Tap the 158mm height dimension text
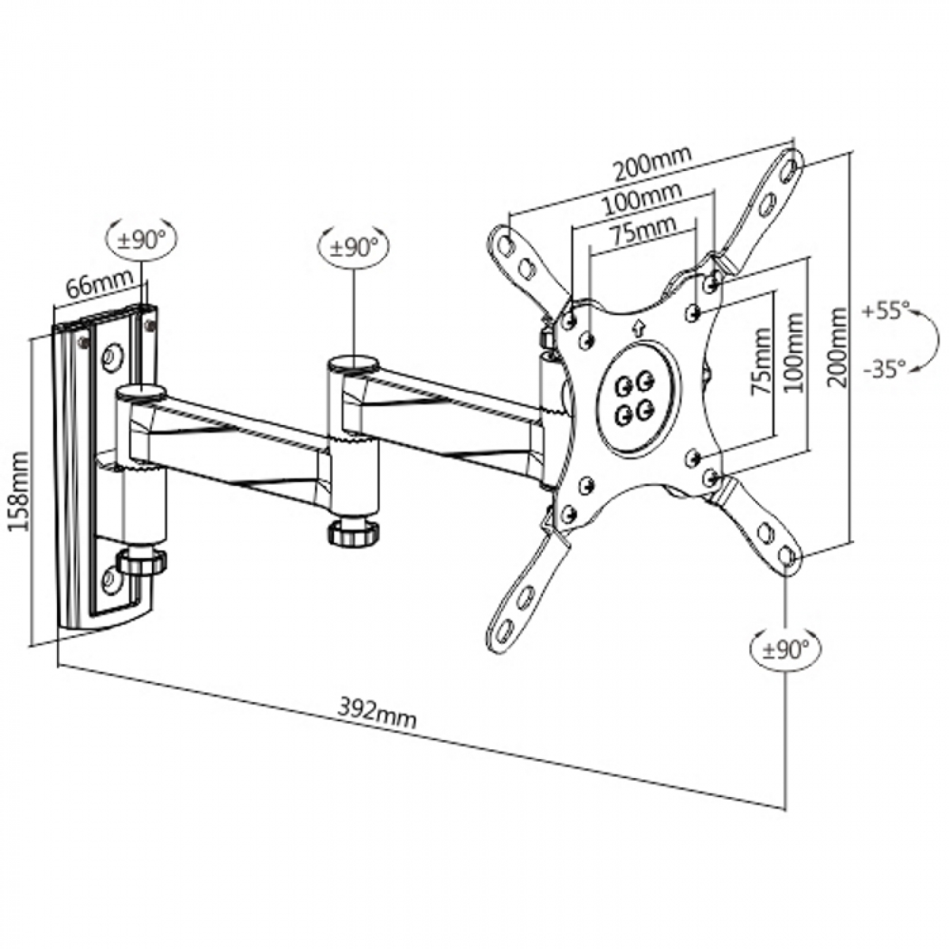pos(21,482)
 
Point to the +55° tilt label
pos(885,312)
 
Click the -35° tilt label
pos(885,370)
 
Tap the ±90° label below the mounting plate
pos(786,651)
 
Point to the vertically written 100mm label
pos(794,352)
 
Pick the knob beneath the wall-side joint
pos(142,562)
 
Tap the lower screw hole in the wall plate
pos(108,581)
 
